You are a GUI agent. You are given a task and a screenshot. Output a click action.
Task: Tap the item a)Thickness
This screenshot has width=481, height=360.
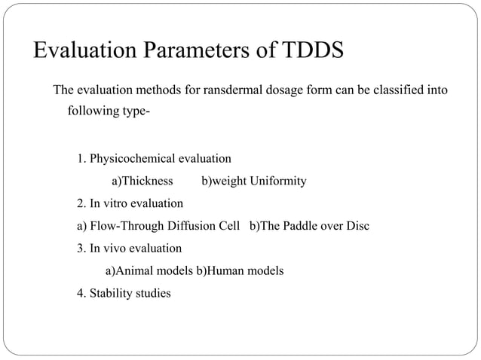(142, 182)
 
